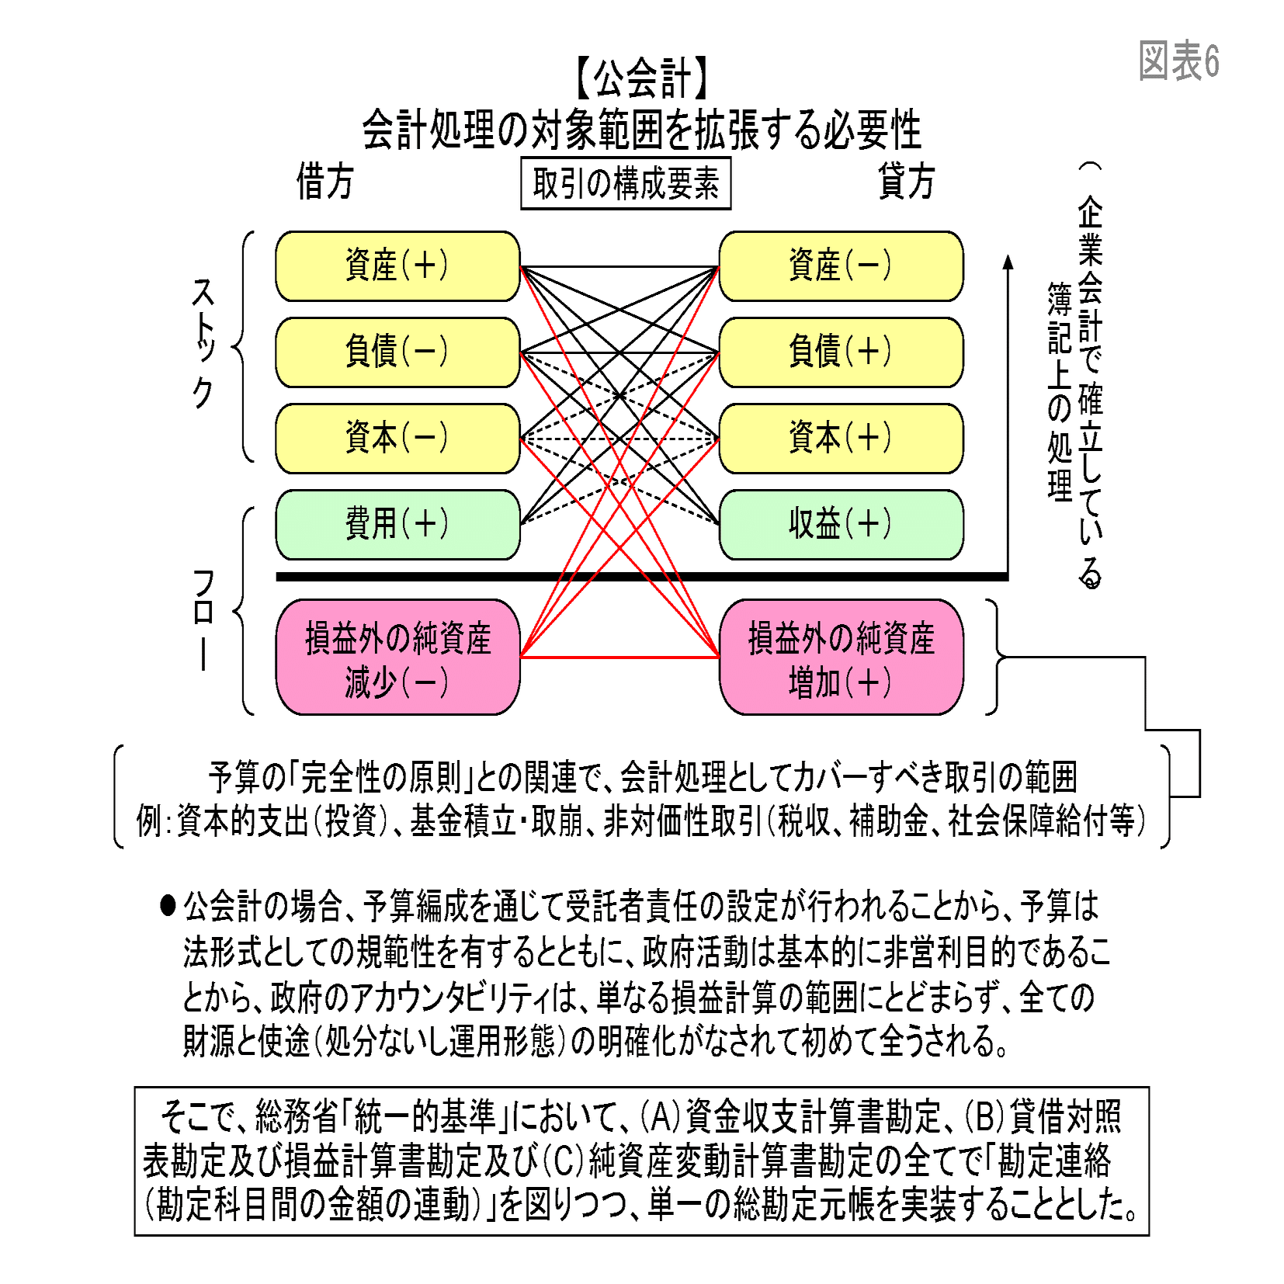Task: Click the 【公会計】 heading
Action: [x=641, y=78]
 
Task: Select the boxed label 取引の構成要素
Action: [x=626, y=184]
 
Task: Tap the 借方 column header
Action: [x=324, y=182]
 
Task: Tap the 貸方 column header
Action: [x=906, y=182]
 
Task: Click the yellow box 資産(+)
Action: [x=397, y=266]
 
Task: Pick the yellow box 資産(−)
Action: [x=841, y=266]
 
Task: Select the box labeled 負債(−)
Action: [x=397, y=352]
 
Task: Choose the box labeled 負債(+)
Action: [x=841, y=352]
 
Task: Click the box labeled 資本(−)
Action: [x=397, y=439]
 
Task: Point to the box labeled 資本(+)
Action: [x=841, y=439]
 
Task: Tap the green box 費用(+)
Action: [x=397, y=525]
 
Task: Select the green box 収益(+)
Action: [x=841, y=525]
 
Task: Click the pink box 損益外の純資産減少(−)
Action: [x=397, y=658]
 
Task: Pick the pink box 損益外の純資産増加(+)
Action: [x=841, y=658]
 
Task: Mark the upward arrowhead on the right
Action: [x=1008, y=262]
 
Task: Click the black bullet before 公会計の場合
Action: [x=168, y=905]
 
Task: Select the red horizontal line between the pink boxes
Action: [x=619, y=658]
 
